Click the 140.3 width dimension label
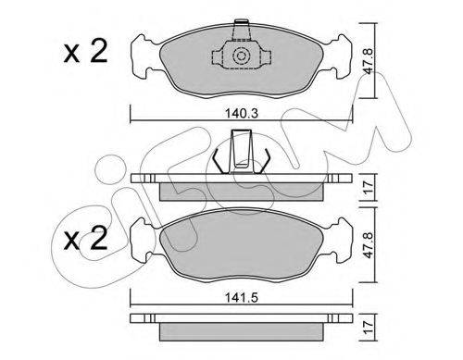[242, 114]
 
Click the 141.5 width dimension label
[242, 298]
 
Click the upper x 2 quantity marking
[85, 52]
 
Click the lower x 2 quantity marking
[85, 238]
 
